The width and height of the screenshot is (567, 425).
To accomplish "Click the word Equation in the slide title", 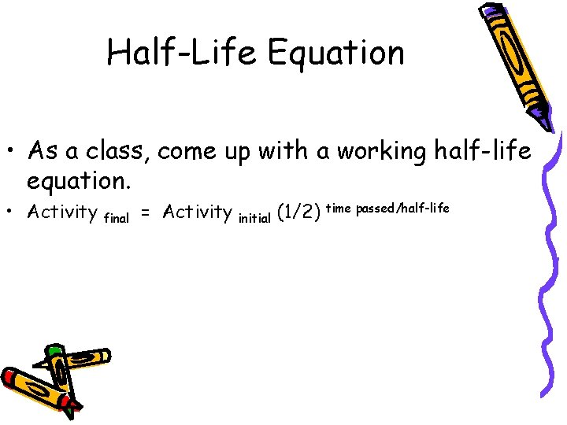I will (336, 53).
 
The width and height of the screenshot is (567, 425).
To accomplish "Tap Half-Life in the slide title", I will (183, 53).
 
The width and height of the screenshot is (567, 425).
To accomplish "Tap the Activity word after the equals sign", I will (197, 213).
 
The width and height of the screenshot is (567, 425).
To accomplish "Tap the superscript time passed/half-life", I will (387, 207).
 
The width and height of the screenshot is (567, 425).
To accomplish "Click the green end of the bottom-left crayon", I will (54, 350).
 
